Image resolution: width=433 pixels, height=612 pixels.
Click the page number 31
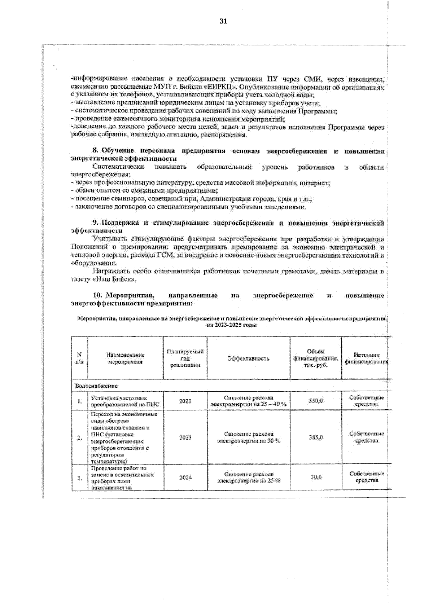point(223,21)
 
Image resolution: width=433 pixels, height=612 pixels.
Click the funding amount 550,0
point(316,401)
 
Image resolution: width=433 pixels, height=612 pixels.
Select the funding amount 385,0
point(316,437)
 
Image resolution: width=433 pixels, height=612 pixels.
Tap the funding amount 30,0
point(316,477)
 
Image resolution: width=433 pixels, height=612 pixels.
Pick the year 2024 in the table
point(185,477)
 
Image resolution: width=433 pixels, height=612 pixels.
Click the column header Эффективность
point(248,358)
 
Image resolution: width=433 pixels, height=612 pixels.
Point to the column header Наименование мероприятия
point(125,358)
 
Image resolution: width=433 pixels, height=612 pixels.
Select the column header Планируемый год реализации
point(185,358)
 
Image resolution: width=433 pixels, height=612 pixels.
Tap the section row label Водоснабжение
point(96,386)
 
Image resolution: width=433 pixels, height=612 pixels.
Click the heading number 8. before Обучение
point(96,150)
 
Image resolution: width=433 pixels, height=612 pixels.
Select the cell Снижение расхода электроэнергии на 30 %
point(248,437)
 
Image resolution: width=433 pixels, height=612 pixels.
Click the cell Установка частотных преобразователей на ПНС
point(125,401)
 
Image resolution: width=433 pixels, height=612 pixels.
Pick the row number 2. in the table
point(80,438)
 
